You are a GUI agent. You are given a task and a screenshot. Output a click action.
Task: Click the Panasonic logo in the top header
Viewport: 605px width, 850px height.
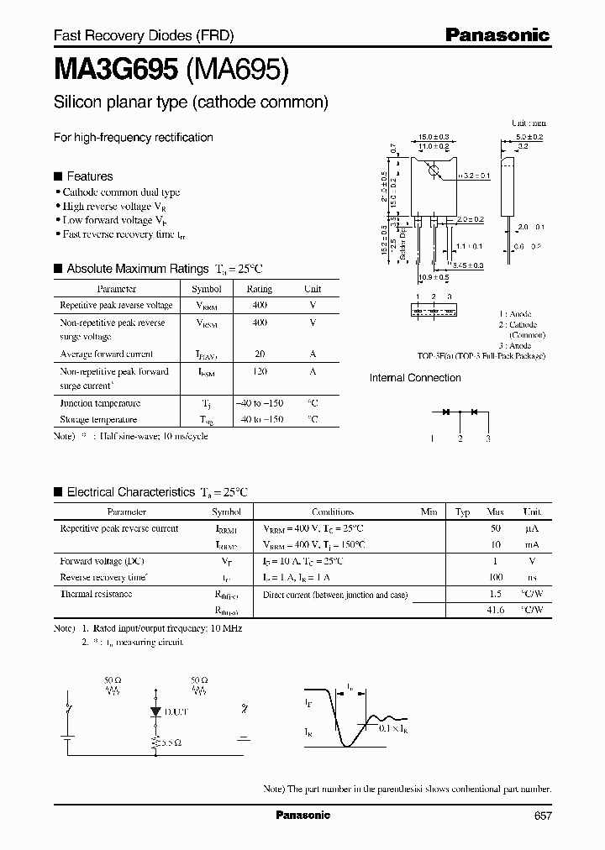click(497, 34)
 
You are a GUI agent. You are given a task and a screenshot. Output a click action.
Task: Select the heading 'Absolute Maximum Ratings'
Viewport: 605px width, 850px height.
click(137, 269)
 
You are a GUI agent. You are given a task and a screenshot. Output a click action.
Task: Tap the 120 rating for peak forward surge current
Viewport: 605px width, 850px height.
click(260, 370)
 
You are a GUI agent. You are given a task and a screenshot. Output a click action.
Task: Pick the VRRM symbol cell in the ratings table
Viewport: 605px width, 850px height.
click(206, 306)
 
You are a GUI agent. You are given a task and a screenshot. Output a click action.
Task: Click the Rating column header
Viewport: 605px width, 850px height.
click(260, 288)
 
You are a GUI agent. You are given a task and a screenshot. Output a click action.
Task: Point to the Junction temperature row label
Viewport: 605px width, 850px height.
click(100, 403)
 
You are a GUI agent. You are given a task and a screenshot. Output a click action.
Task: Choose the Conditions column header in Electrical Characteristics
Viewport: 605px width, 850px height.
click(333, 512)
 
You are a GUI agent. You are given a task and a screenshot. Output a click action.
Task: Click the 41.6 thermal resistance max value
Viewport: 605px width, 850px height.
click(495, 611)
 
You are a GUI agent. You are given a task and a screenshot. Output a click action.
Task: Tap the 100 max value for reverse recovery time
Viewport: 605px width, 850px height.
click(495, 577)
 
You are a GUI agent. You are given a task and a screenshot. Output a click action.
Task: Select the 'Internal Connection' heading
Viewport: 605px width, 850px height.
click(415, 378)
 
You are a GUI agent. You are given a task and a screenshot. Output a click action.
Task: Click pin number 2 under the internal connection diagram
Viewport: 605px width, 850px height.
click(460, 438)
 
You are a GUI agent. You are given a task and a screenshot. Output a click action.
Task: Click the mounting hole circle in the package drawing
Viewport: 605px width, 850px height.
click(434, 172)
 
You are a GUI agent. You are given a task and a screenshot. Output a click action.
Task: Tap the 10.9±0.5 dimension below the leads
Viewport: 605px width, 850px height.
click(434, 276)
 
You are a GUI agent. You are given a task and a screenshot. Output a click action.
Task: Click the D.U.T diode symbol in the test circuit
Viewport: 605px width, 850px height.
click(155, 711)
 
